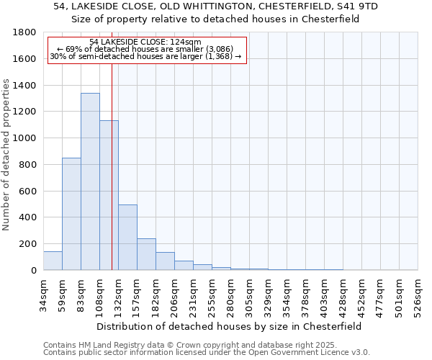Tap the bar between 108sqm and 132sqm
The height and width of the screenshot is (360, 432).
(x=109, y=195)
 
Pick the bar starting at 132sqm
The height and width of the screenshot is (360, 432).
(x=127, y=238)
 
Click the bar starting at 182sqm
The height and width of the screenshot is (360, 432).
(x=165, y=261)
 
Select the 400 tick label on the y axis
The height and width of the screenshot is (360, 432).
(x=27, y=217)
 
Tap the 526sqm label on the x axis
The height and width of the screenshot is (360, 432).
(x=418, y=293)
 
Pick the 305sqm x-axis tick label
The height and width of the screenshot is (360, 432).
(x=249, y=293)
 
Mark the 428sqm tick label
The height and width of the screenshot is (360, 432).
(x=343, y=293)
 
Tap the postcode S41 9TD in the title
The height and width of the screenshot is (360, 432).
(x=361, y=6)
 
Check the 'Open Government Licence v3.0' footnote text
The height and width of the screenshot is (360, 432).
(x=312, y=353)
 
